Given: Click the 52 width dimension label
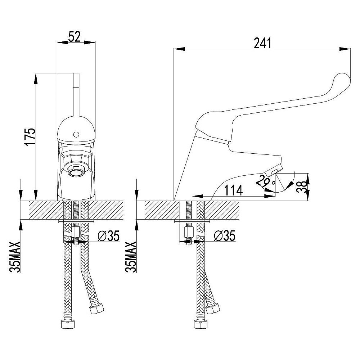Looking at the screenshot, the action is coord(75,37).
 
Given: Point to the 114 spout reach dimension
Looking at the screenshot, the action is coord(233,190).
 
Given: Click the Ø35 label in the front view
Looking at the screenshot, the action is coord(109,236).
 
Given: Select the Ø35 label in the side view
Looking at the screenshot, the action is coord(225,236).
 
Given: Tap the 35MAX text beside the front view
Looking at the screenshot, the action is coord(15,256).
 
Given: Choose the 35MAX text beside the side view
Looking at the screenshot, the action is coord(131,256).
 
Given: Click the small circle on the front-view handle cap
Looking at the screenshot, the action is coord(76,134).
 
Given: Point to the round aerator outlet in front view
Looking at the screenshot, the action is coord(76,172).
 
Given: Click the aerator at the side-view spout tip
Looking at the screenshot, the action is coord(273,170).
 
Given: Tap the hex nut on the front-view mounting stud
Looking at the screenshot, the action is coord(76,232).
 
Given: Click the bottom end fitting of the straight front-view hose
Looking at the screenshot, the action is coord(68,324).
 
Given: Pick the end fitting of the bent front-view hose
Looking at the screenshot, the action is coord(96,309).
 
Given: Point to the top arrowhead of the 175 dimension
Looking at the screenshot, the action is coord(36,79).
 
